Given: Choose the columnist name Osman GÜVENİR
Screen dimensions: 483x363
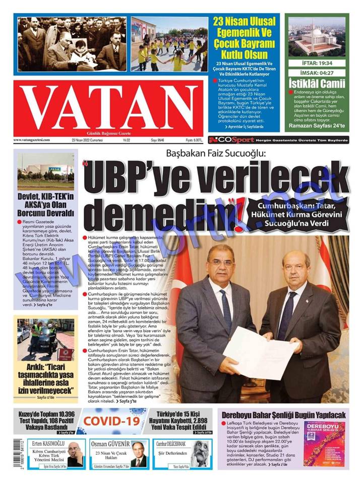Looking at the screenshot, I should click(110, 444).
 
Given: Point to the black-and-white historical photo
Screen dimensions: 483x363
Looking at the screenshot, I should click(72, 44).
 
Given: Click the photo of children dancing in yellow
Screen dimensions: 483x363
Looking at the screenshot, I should click(168, 44).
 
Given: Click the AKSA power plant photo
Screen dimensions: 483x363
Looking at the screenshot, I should click(45, 172).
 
